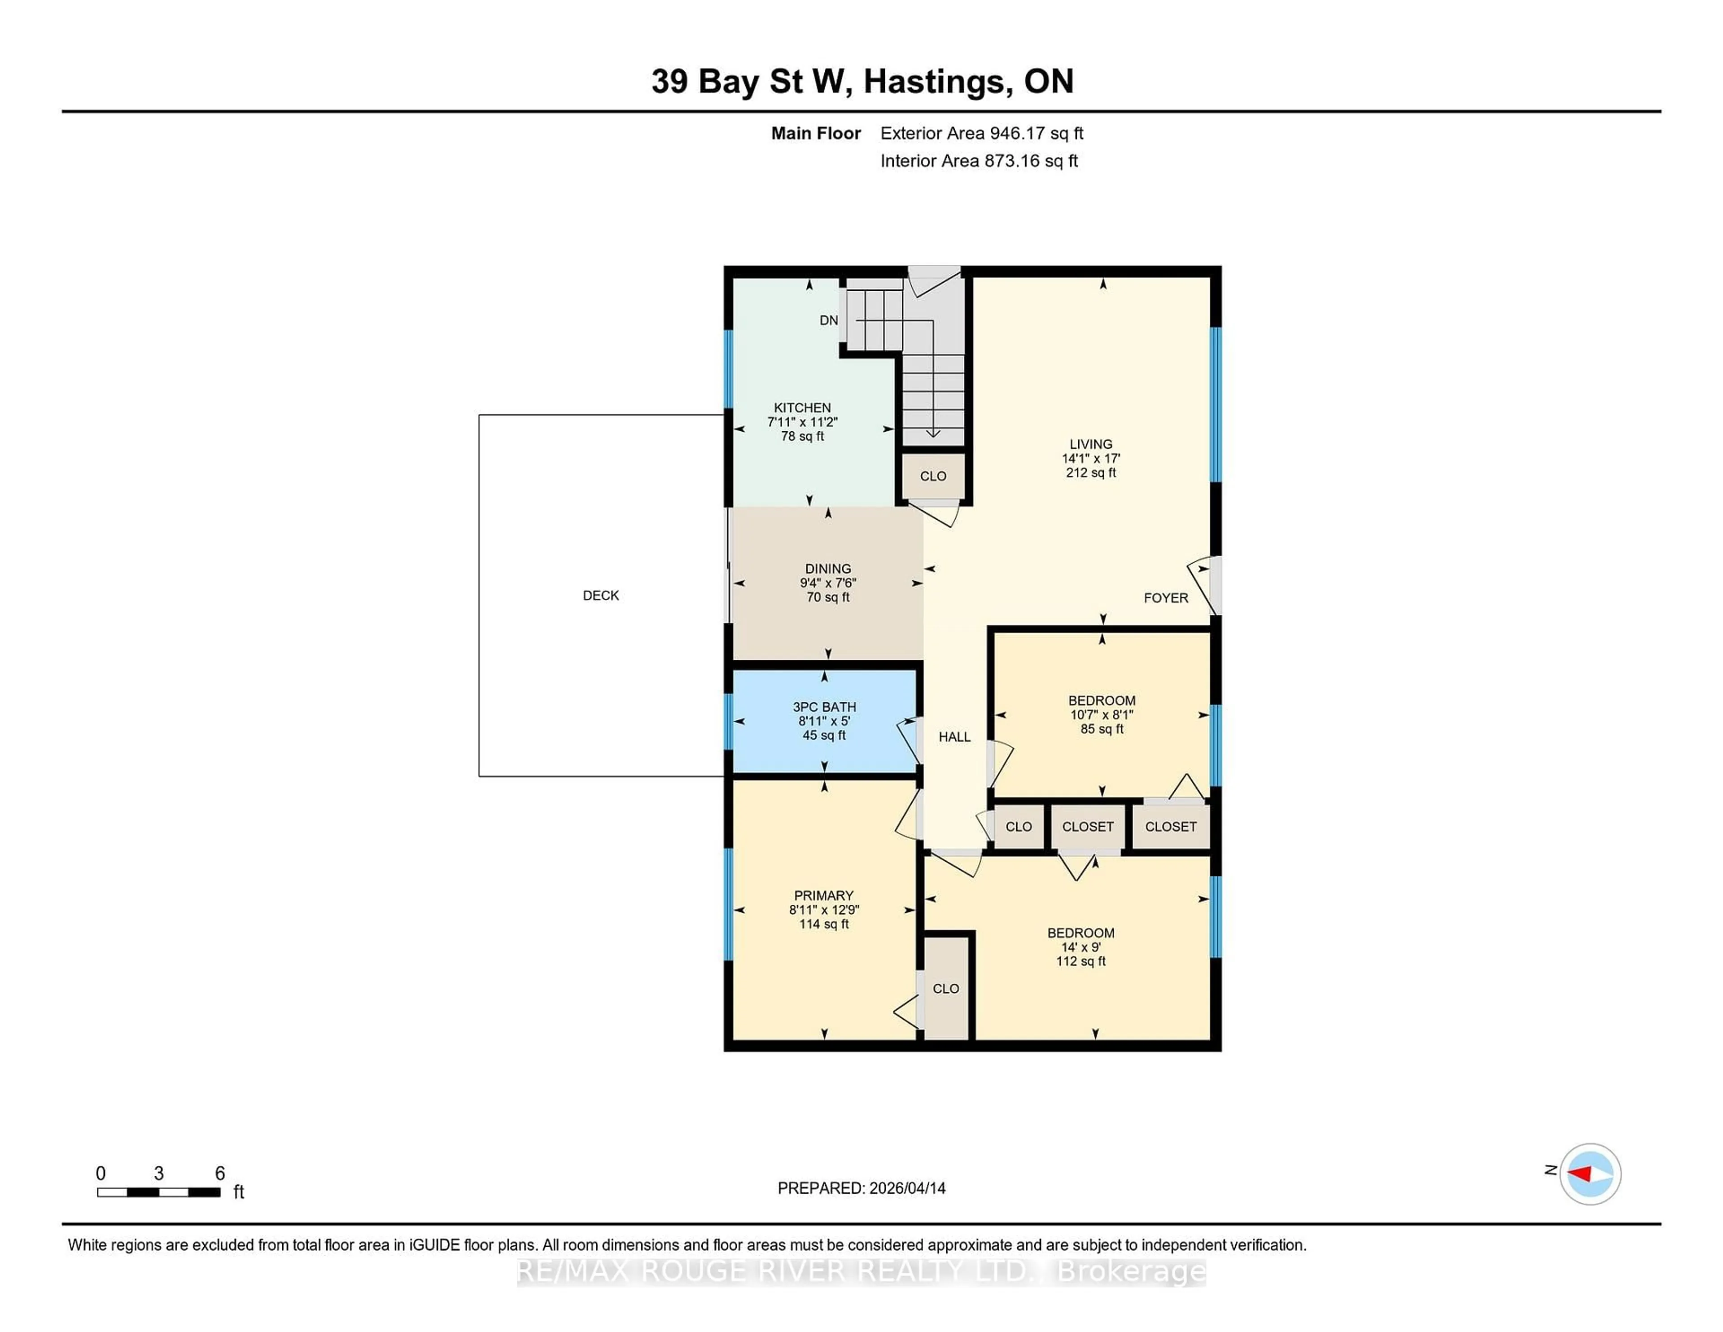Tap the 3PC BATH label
824,707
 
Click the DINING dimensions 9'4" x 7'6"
827,583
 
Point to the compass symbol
1590,1174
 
